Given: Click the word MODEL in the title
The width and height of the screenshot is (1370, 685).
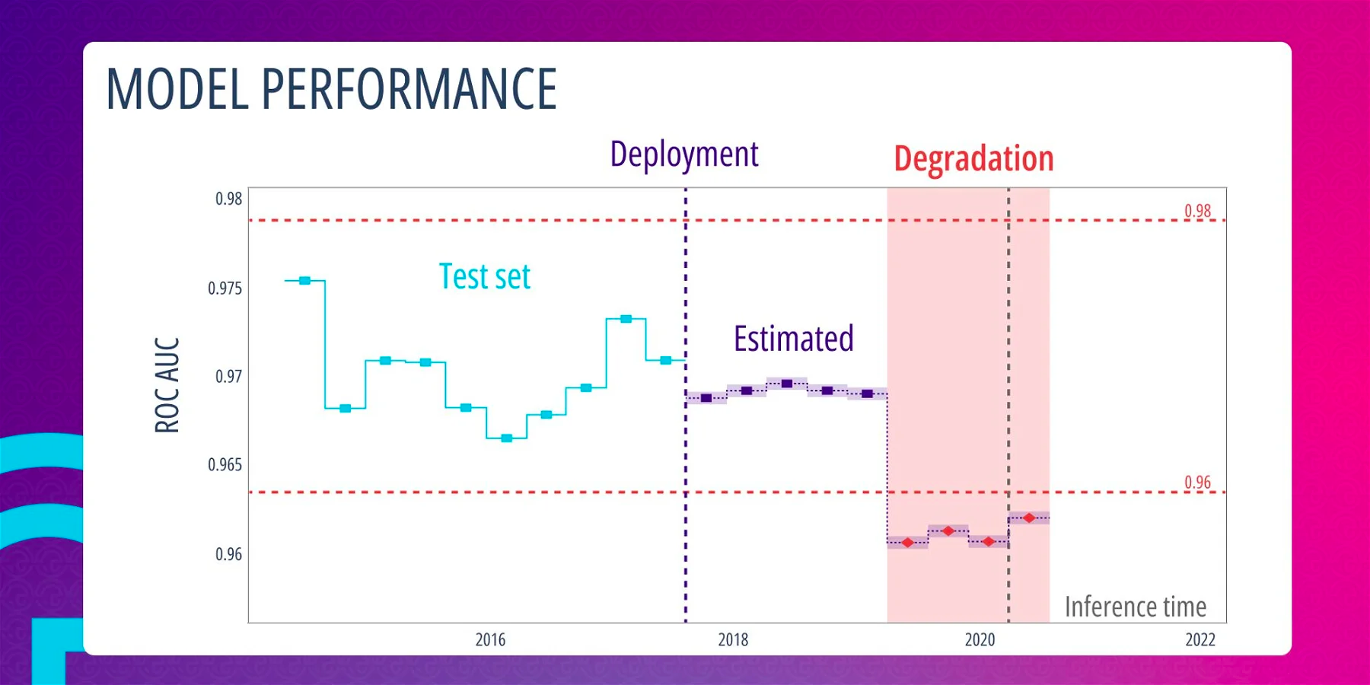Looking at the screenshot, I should (177, 89).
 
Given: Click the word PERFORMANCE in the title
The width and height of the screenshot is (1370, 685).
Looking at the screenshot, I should (409, 89).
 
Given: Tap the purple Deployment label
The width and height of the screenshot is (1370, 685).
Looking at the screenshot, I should (684, 155).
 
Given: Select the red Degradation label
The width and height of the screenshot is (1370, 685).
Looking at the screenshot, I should (973, 159).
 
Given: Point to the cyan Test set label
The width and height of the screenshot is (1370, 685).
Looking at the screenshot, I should (485, 277).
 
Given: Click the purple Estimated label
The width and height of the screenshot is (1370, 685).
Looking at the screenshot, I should (793, 339).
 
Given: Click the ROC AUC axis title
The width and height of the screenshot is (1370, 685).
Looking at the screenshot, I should (167, 385).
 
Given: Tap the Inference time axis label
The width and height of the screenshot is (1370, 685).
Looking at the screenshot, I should (1135, 607).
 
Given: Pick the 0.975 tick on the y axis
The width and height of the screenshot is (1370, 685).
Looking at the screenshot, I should (225, 288).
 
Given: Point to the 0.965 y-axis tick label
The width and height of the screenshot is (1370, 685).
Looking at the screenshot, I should (225, 465).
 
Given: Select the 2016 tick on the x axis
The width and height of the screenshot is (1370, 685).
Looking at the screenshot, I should (490, 640).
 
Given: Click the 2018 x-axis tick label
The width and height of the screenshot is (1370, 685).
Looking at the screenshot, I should (733, 640).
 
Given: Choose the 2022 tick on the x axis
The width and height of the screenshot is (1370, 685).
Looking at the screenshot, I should (1200, 640).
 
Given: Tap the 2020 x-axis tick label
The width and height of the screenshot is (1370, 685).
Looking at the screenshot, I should (980, 640).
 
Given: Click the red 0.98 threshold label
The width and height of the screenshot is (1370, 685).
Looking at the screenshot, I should (1197, 211).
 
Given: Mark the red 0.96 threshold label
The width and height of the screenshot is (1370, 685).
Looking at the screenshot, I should (1197, 483).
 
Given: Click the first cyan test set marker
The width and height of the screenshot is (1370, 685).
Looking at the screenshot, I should (304, 281).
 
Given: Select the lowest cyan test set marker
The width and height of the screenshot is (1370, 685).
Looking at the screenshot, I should (507, 438).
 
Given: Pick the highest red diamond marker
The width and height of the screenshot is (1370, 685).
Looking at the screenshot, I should (1029, 518).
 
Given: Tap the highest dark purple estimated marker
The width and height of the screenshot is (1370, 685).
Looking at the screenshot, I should (787, 384).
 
